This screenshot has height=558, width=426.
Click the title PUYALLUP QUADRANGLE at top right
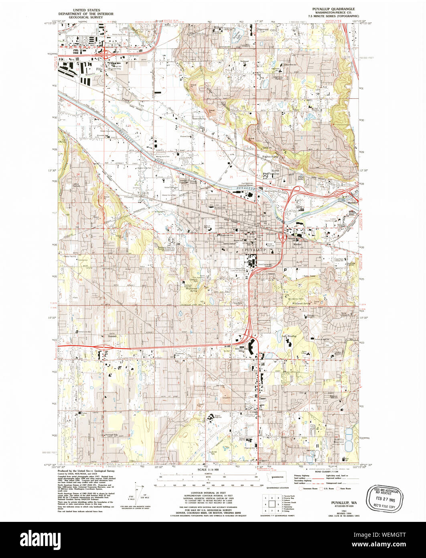tap(333, 8)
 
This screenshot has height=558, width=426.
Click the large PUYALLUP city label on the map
tap(255, 250)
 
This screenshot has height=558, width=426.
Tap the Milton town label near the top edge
tap(218, 27)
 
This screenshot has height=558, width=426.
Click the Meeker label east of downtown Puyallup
tap(297, 244)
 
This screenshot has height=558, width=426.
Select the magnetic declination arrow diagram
tap(138, 492)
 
